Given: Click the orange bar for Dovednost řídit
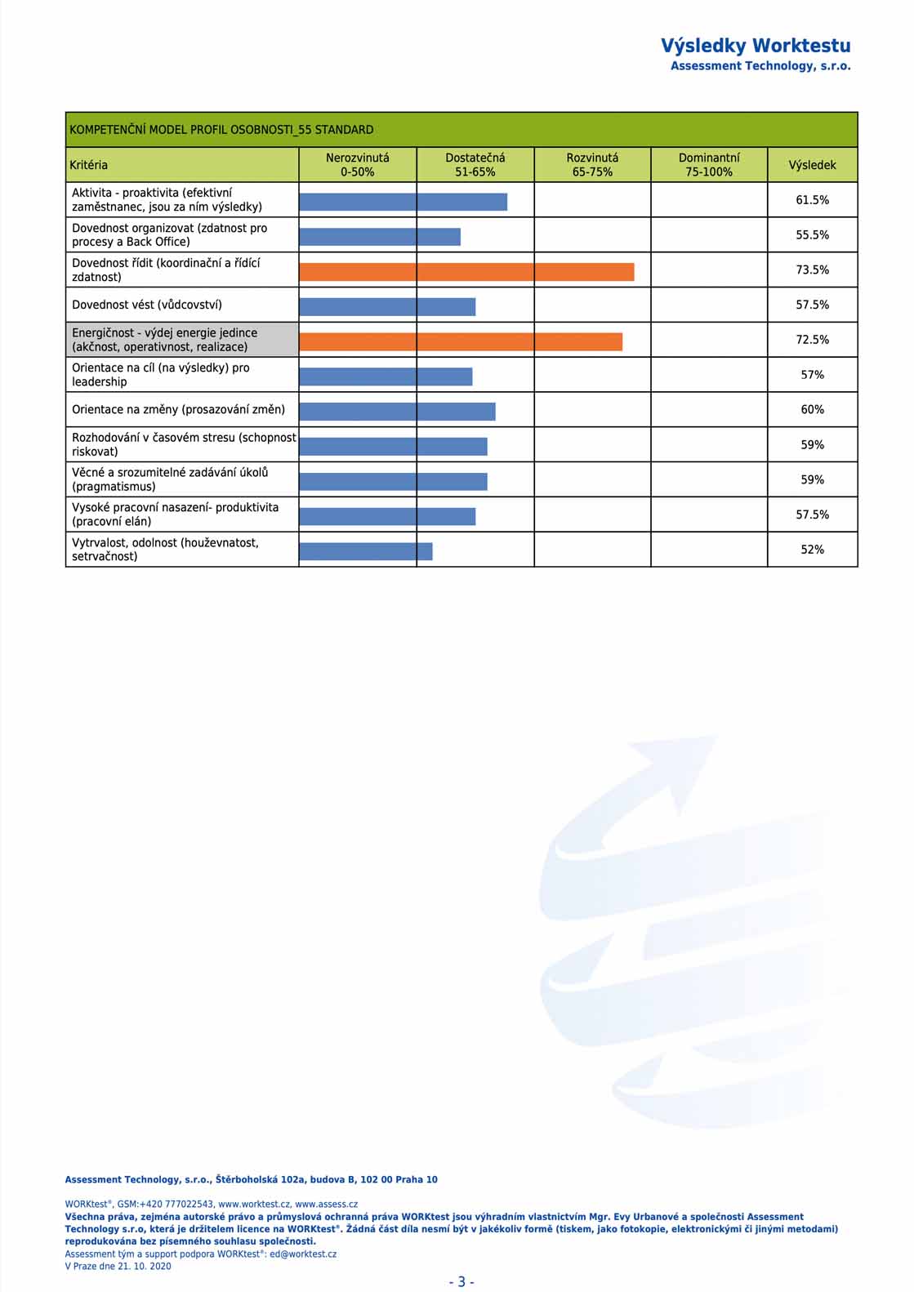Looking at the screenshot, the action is (466, 272).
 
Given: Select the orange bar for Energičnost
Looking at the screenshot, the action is (461, 341).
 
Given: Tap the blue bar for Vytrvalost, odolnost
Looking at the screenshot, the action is (366, 551).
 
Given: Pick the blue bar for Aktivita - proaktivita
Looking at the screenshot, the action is (403, 202).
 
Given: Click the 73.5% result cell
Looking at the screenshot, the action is (812, 270).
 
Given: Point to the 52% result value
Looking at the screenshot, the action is (812, 549).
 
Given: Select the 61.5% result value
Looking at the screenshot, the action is (812, 199).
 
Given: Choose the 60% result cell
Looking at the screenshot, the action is (812, 409).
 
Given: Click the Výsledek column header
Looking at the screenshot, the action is (812, 165).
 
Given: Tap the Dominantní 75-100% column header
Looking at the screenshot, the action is (709, 165).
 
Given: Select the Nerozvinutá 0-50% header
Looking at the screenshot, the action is (357, 165).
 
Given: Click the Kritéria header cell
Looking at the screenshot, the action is (182, 165).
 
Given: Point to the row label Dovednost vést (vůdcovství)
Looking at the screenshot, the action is (146, 305).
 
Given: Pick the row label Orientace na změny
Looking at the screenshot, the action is (178, 409).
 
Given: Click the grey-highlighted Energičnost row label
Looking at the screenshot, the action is (182, 340).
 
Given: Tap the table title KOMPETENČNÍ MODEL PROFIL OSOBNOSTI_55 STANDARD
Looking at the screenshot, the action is (221, 130).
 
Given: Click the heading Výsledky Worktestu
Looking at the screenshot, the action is (756, 46).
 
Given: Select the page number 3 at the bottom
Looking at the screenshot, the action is (461, 1281).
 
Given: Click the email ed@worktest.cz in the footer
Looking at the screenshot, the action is (303, 1254).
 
